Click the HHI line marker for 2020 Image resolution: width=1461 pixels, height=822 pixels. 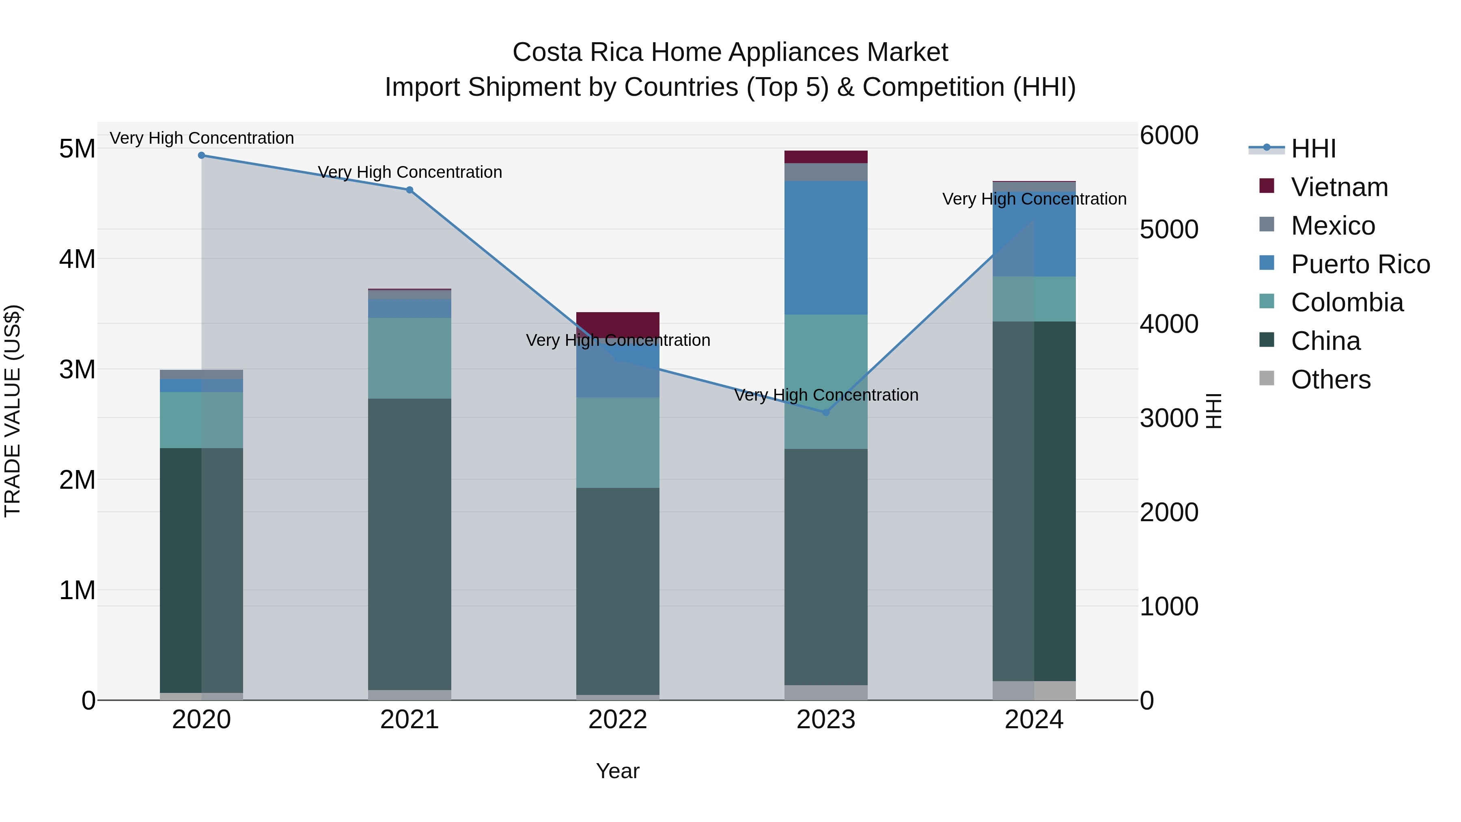pyautogui.click(x=201, y=155)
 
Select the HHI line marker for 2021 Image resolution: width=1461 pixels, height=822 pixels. pyautogui.click(x=409, y=190)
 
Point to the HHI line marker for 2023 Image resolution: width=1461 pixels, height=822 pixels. pyautogui.click(x=826, y=412)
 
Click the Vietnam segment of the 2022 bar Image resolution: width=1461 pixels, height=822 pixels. pyautogui.click(x=618, y=324)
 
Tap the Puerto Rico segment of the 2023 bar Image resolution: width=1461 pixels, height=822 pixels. pyautogui.click(x=826, y=248)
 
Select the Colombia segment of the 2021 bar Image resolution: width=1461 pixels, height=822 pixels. pyautogui.click(x=409, y=358)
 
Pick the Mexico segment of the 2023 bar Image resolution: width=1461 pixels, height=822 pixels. pyautogui.click(x=826, y=172)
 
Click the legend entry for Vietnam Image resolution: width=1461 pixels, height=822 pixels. pyautogui.click(x=1338, y=187)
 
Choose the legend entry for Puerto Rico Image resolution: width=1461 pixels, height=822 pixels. pyautogui.click(x=1360, y=264)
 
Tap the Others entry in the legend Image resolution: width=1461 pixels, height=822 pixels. pyautogui.click(x=1330, y=380)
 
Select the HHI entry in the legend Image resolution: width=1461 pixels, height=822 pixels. pyautogui.click(x=1312, y=149)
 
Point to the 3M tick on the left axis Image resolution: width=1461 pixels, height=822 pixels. pyautogui.click(x=77, y=369)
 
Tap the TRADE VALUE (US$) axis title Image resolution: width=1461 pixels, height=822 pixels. pyautogui.click(x=13, y=411)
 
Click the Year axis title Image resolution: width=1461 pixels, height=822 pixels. pyautogui.click(x=618, y=771)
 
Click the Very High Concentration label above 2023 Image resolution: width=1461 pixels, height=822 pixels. pyautogui.click(x=826, y=395)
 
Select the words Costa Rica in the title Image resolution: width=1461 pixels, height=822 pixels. pyautogui.click(x=578, y=52)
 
